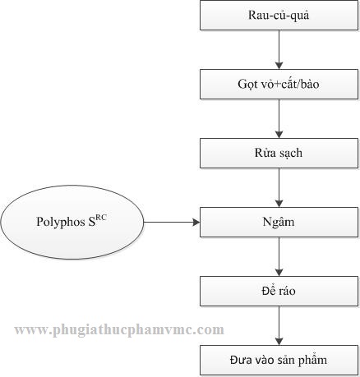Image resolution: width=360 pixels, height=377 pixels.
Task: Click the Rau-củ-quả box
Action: coord(279,15)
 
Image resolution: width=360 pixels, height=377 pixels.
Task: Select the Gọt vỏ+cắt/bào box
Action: coord(279,84)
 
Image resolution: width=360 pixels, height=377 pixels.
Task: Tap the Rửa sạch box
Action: coord(279,153)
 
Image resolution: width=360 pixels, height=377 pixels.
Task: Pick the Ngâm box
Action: coord(279,222)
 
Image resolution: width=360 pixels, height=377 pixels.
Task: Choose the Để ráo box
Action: coord(279,291)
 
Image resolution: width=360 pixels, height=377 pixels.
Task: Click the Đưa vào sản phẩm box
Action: coord(279,360)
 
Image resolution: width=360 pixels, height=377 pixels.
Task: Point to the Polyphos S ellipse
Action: coord(72,222)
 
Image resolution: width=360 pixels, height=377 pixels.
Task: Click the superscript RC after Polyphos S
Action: coord(100,218)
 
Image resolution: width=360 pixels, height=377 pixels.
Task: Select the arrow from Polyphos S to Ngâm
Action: coord(172,222)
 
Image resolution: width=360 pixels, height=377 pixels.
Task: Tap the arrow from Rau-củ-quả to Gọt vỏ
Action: coord(279,49)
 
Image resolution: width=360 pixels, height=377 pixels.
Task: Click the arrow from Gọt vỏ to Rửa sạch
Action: coord(279,118)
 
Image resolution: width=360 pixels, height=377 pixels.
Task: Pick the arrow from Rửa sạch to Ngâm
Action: coord(279,187)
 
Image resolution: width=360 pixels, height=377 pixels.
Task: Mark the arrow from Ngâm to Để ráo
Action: coord(279,256)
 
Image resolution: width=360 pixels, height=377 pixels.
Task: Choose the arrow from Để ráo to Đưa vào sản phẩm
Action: coord(279,325)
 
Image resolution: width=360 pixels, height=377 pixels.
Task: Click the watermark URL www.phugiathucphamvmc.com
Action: coord(119,330)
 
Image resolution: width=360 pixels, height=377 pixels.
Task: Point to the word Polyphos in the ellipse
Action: coord(61,222)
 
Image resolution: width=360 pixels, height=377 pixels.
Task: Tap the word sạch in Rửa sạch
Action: coord(290,153)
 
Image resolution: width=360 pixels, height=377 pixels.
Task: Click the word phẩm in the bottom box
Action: coord(312,360)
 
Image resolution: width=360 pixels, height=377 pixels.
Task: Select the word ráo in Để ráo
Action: coord(288,292)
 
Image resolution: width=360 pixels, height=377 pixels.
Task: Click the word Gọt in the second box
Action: coord(246,84)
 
